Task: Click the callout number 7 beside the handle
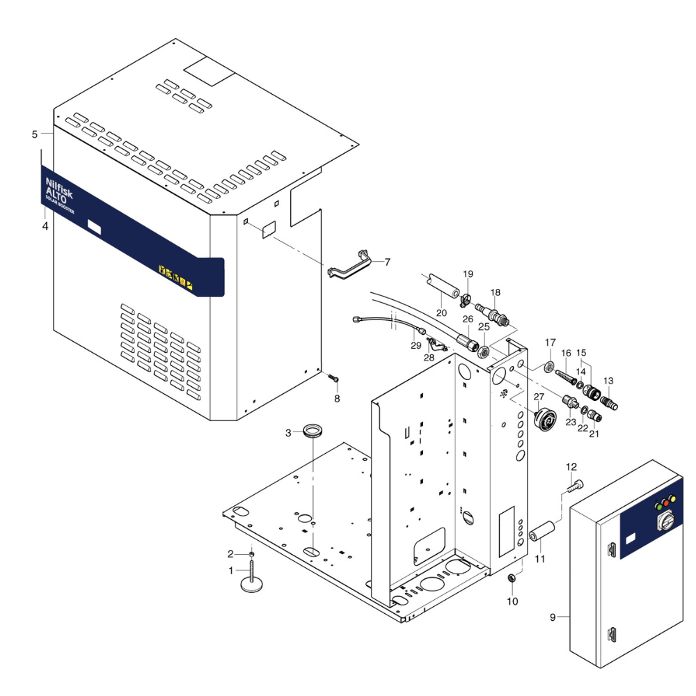(x=388, y=262)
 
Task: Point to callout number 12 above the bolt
(x=571, y=466)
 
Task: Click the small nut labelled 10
(x=512, y=578)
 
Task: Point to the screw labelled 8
(x=333, y=378)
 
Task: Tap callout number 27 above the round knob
(x=538, y=397)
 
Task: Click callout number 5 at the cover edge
(x=35, y=134)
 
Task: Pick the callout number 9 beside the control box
(x=553, y=617)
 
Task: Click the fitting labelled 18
(x=492, y=311)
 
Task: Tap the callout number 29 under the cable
(x=416, y=345)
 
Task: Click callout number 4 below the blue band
(x=45, y=227)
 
